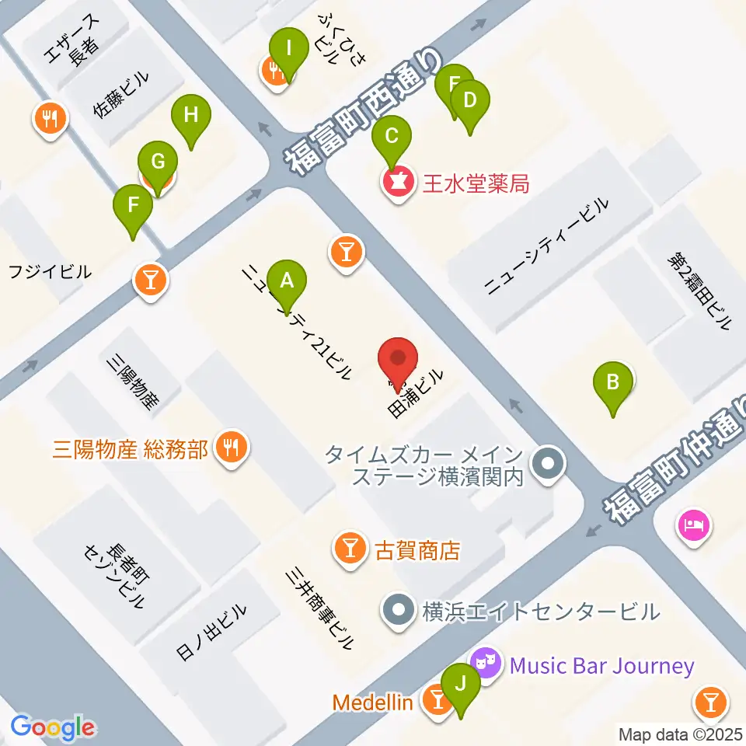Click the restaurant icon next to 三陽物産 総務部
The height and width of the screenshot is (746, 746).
(x=232, y=448)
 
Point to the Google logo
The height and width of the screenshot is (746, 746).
(x=53, y=727)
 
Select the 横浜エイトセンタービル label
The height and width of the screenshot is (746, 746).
(x=540, y=611)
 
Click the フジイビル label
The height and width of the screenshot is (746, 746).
(x=50, y=272)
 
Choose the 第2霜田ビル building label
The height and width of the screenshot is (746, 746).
(x=699, y=290)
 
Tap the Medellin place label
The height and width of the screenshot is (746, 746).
(x=373, y=702)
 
